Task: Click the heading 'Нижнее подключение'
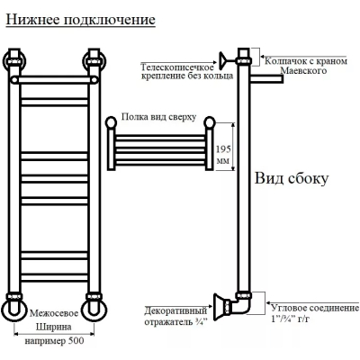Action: pos(81,21)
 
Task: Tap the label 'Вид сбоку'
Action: pos(292,178)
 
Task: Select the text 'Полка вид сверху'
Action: pos(158,117)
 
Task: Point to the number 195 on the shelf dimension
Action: pos(224,148)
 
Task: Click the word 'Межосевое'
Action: pos(54,313)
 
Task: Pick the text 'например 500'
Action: pos(54,341)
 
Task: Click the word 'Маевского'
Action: pos(303,71)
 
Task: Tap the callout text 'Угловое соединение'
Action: pos(315,308)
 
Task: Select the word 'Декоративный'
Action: pos(175,310)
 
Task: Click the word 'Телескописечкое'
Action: pos(177,67)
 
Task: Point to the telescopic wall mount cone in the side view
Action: pos(223,58)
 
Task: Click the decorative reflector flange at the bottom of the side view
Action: pos(219,307)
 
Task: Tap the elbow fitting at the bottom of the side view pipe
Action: pos(241,304)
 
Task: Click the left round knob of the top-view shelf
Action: pos(112,122)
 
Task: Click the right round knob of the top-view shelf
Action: pos(210,122)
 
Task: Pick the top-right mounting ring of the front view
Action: pos(94,61)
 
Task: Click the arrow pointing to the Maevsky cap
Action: pos(303,57)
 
